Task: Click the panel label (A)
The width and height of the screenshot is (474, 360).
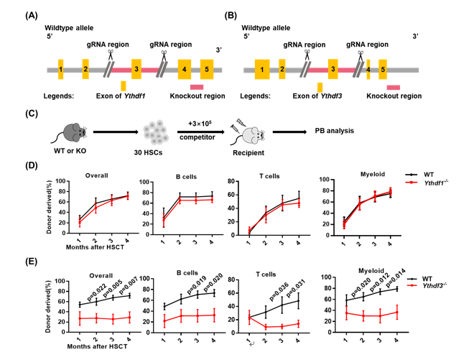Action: (x=33, y=15)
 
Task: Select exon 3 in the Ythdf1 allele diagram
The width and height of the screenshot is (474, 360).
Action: (x=136, y=70)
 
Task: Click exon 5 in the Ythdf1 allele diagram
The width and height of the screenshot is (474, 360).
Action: (x=206, y=70)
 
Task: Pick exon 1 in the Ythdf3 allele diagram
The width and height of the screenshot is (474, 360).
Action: (x=263, y=70)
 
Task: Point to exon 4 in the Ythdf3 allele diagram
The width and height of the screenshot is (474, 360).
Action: (x=368, y=70)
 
